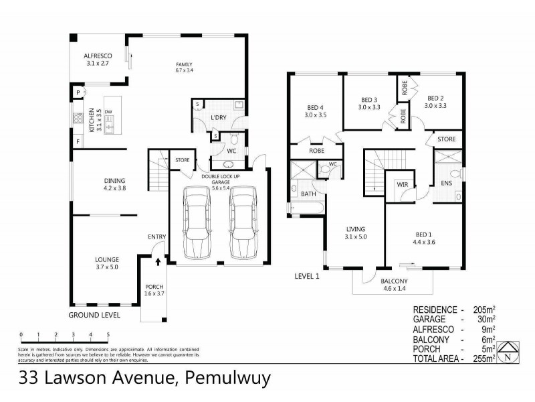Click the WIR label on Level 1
402,183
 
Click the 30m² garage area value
486,320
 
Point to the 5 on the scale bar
108,334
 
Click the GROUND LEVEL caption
94,314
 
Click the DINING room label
115,180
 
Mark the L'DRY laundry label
220,118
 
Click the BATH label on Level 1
308,194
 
